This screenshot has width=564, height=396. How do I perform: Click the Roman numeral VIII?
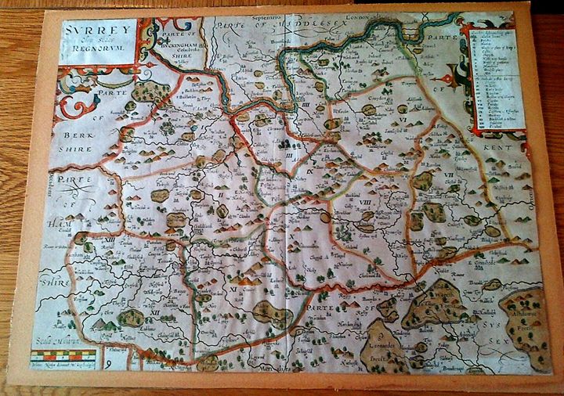tap(364, 202)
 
